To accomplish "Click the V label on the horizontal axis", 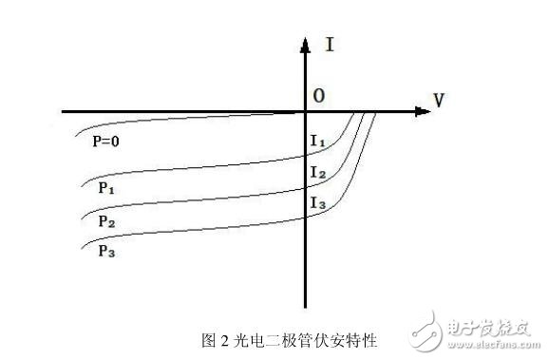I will pos(438,98).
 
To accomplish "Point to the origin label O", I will pos(320,96).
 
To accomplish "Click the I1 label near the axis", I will pos(318,142).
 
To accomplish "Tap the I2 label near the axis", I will pos(318,173).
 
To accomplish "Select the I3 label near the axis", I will pos(318,202).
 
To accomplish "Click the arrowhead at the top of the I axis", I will pos(306,42).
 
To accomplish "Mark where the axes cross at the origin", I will pos(306,112).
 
